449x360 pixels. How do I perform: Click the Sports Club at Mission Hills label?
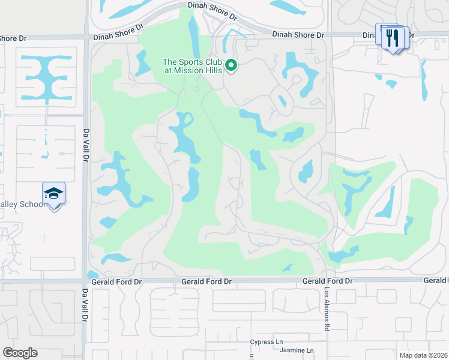click(x=193, y=66)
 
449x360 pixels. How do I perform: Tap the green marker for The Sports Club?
click(x=231, y=67)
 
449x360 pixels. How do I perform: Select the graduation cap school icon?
click(x=53, y=194)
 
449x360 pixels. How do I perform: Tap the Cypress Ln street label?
click(x=266, y=342)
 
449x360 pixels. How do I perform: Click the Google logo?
click(x=20, y=353)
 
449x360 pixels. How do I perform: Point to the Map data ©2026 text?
click(x=423, y=355)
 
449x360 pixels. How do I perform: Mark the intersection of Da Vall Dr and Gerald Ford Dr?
click(x=85, y=280)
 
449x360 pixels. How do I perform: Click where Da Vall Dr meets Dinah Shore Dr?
click(x=86, y=37)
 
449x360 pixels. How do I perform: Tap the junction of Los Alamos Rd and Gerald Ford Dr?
click(x=328, y=280)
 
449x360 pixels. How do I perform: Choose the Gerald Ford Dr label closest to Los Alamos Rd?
click(x=327, y=281)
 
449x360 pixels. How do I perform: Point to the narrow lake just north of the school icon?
click(x=44, y=144)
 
